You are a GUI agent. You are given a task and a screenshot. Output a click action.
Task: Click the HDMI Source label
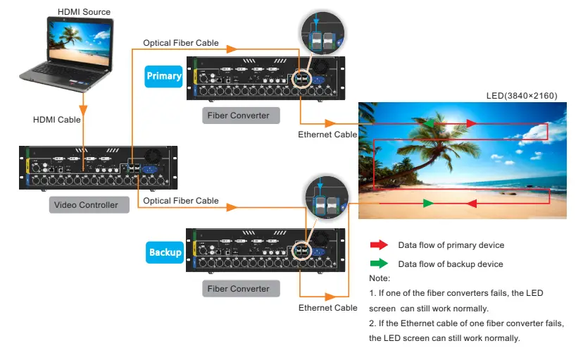click(x=84, y=12)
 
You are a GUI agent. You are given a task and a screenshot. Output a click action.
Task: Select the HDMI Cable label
click(x=57, y=120)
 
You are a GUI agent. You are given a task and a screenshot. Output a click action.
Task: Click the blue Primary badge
click(x=163, y=76)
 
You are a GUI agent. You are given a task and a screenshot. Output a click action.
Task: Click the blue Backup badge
click(x=165, y=252)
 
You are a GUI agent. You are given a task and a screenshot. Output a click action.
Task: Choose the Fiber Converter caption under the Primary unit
click(x=238, y=115)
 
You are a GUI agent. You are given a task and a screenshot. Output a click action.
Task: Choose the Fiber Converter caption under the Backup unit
click(x=238, y=288)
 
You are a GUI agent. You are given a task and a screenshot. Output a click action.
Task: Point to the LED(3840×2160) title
click(x=522, y=95)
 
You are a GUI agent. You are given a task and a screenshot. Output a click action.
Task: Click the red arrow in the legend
click(x=379, y=245)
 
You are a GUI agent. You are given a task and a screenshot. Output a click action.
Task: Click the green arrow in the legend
click(x=379, y=264)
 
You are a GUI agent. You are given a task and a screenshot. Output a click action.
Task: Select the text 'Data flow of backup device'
click(x=451, y=264)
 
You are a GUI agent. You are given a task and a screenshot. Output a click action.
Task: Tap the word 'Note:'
click(x=379, y=278)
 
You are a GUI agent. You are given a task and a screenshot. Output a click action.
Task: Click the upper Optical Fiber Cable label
click(x=181, y=43)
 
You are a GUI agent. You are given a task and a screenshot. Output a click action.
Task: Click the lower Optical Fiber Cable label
click(x=181, y=201)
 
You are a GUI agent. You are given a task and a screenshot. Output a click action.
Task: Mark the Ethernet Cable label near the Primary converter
click(x=327, y=134)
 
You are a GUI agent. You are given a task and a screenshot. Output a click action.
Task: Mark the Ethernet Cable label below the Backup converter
click(x=327, y=308)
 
